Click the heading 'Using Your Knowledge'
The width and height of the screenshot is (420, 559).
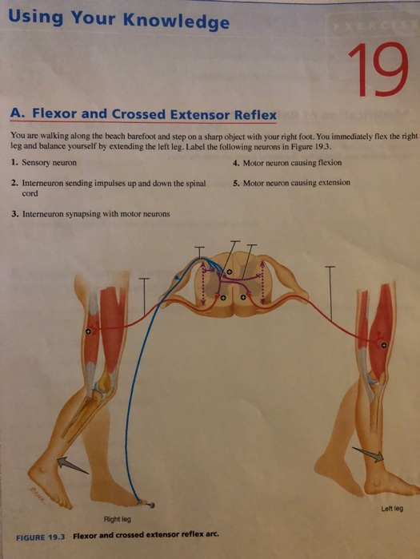[120, 19]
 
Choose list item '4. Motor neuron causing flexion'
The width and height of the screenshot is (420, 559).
[286, 162]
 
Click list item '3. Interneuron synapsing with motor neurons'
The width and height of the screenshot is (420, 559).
[90, 214]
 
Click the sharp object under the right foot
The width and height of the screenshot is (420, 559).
[146, 504]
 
